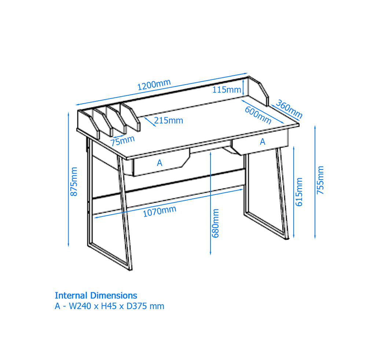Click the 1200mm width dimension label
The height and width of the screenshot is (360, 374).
[x=154, y=85]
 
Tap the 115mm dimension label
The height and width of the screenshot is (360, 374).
[x=227, y=90]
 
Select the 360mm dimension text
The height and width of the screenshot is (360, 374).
[x=289, y=109]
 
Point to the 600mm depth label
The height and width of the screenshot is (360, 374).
[x=258, y=115]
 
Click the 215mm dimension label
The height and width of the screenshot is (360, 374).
[x=168, y=120]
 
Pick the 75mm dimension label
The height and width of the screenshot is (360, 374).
[x=122, y=141]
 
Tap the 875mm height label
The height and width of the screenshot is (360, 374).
[x=74, y=182]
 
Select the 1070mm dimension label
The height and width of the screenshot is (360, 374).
[x=159, y=211]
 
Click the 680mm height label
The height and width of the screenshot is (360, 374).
[x=215, y=223]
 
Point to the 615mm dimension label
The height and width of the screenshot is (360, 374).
[x=299, y=192]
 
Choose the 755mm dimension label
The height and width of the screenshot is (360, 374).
[x=320, y=180]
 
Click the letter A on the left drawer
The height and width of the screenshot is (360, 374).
[x=159, y=163]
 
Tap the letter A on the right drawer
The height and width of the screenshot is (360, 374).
[x=263, y=142]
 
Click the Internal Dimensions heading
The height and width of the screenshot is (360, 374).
[x=96, y=296]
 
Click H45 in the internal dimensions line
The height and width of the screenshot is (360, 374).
[x=109, y=306]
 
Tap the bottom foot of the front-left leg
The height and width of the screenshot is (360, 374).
[x=130, y=270]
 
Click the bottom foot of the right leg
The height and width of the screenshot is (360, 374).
[x=287, y=238]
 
